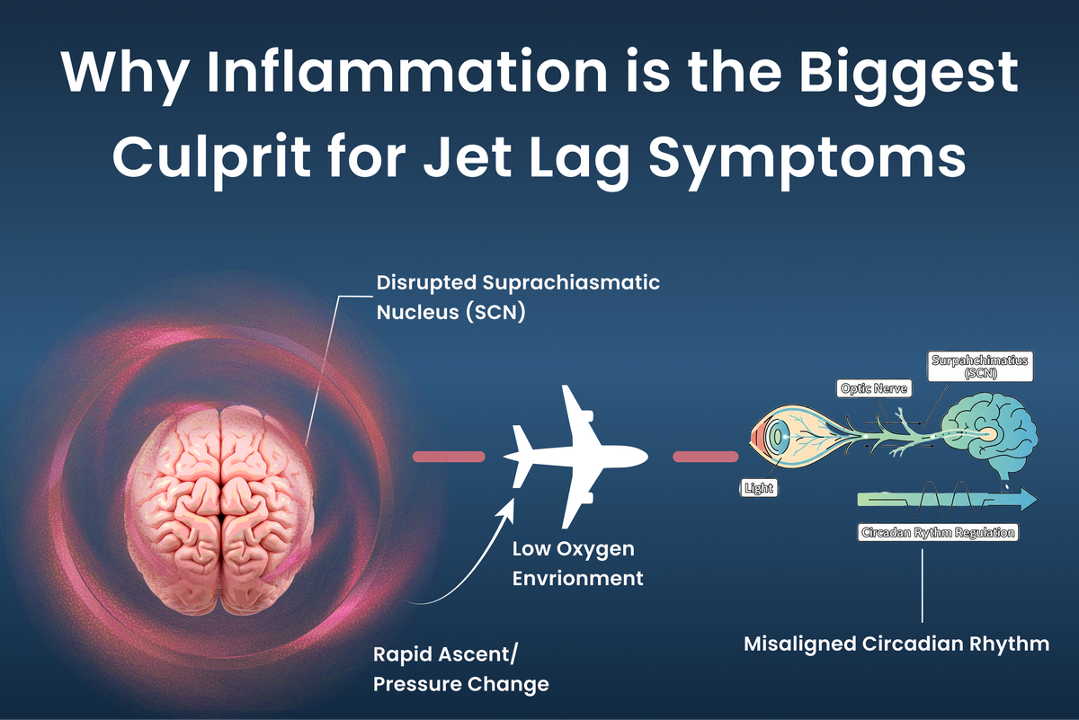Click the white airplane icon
(x=575, y=455)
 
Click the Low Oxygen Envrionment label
(x=577, y=564)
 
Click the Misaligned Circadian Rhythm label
(x=896, y=644)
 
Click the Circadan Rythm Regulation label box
(x=938, y=532)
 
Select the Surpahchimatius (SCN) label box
(x=979, y=367)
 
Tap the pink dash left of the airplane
(x=448, y=456)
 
